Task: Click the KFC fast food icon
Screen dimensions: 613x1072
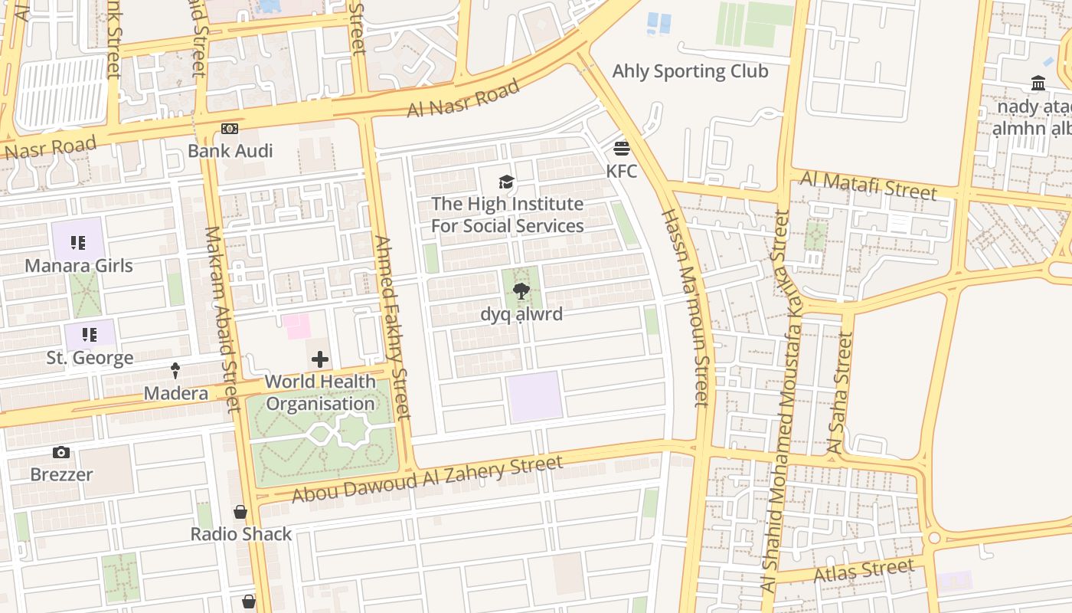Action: click(621, 148)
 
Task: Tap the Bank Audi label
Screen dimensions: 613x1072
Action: click(230, 151)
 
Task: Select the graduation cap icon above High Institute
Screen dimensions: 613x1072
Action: click(506, 182)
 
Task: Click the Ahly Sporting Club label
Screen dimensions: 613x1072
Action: click(690, 72)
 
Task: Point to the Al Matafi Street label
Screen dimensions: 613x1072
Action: click(868, 185)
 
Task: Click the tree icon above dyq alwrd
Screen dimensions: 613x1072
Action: click(521, 291)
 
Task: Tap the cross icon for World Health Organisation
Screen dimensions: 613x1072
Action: click(320, 359)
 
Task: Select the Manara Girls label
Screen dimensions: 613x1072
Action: click(79, 266)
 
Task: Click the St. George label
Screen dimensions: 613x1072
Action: click(90, 358)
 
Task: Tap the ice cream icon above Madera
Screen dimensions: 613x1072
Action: click(175, 371)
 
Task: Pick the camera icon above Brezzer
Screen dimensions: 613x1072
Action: click(61, 453)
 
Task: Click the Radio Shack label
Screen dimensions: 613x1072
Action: click(241, 534)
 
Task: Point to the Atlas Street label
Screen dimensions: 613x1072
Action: click(864, 571)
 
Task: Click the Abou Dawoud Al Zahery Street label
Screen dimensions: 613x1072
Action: click(427, 480)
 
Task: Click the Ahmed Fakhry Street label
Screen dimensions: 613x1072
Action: click(392, 327)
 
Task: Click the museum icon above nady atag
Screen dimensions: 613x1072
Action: click(1038, 84)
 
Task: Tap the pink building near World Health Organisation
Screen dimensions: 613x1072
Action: click(297, 326)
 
